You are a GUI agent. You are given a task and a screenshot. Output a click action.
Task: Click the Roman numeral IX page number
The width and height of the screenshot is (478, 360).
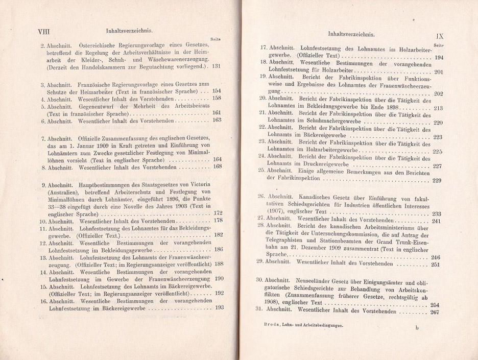442,36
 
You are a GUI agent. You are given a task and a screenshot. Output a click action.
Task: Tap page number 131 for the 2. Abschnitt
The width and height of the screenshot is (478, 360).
216,66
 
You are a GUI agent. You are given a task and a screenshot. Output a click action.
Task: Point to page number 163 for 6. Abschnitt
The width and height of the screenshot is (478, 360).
217,121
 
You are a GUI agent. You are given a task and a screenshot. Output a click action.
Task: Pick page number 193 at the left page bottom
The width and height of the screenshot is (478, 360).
220,307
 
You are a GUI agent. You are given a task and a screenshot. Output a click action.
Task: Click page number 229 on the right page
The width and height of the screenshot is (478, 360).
437,180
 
